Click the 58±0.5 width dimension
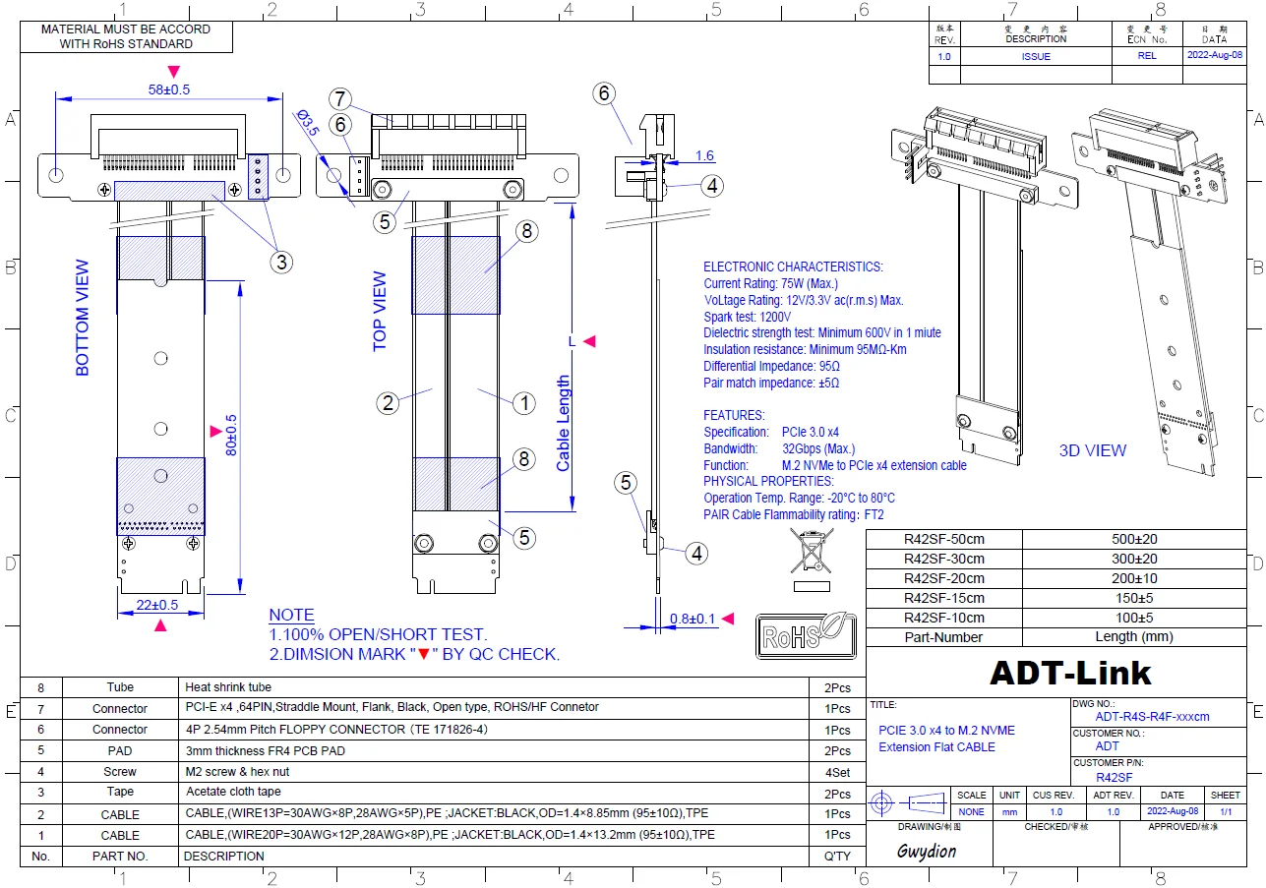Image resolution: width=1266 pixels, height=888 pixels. coord(168,89)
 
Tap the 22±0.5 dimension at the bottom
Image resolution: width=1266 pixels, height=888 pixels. coord(156,605)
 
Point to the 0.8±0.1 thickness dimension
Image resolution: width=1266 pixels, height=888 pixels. coord(692,619)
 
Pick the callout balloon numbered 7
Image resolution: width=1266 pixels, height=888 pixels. coord(341,98)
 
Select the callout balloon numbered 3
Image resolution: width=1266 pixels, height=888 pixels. coord(282,262)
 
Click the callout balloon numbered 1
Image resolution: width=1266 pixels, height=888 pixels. coord(524,402)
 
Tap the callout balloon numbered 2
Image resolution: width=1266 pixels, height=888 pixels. coord(389,402)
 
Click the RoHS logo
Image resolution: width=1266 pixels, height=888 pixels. coord(805,635)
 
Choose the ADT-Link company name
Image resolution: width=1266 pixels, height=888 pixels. coord(1069,673)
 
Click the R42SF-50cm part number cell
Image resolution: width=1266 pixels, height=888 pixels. coord(943,539)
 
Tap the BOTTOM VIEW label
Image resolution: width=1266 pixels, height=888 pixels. coord(83,318)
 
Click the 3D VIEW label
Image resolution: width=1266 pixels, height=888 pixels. coord(1092,450)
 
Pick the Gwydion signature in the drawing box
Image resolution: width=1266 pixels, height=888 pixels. coord(926,852)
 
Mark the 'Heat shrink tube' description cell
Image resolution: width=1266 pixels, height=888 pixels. coord(228,687)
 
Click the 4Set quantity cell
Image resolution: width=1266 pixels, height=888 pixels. coord(838,772)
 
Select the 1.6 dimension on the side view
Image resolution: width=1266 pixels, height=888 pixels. coord(704,155)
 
